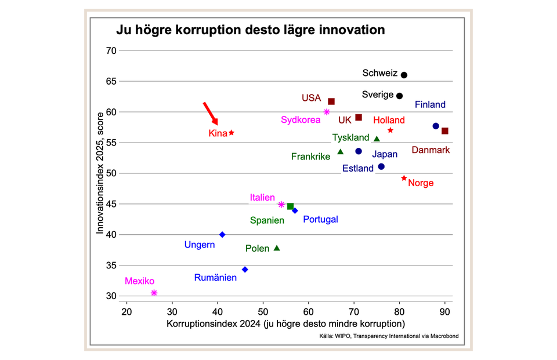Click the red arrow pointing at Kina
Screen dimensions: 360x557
(x=211, y=114)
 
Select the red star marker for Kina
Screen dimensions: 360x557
(x=232, y=133)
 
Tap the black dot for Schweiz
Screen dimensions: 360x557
(x=404, y=75)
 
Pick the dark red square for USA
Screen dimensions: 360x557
(x=331, y=101)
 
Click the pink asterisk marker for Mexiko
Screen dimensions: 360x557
(x=154, y=293)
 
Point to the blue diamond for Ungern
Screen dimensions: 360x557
(x=222, y=235)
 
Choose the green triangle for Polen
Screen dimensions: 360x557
(x=277, y=248)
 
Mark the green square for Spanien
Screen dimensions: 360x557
(x=290, y=206)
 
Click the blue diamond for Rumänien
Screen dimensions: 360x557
(x=245, y=270)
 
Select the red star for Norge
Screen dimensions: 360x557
(x=404, y=178)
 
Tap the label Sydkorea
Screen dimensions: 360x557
(x=301, y=120)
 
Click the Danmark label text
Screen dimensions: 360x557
(x=431, y=150)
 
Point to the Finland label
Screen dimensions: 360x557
(x=430, y=105)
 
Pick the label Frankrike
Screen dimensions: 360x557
(x=310, y=157)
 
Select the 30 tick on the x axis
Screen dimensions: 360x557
(x=172, y=311)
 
